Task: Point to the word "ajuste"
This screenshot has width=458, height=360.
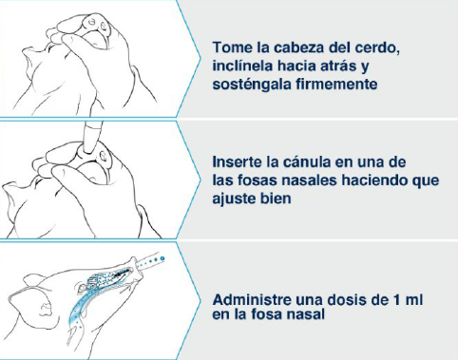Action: [x=234, y=199]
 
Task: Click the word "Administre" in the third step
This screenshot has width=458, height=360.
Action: [x=252, y=299]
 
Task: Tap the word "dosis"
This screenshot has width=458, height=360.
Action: [x=347, y=299]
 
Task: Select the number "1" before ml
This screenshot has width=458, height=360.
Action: [x=396, y=300]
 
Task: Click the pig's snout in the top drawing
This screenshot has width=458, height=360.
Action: [x=96, y=31]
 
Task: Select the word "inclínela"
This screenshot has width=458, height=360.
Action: [x=243, y=66]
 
